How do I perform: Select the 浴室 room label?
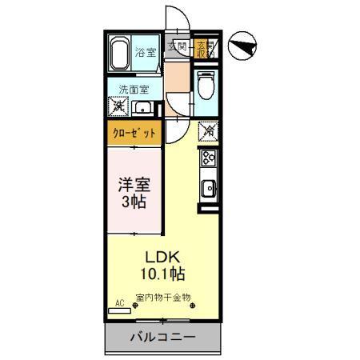pyautogui.click(x=145, y=53)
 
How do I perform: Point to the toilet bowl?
pyautogui.click(x=205, y=82)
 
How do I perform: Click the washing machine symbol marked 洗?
pyautogui.click(x=118, y=106)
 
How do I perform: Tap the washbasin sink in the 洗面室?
pyautogui.click(x=144, y=107)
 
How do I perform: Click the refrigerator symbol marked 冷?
pyautogui.click(x=206, y=128)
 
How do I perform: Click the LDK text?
pyautogui.click(x=162, y=256)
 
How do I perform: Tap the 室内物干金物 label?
pyautogui.click(x=163, y=298)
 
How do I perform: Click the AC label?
pyautogui.click(x=121, y=304)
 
